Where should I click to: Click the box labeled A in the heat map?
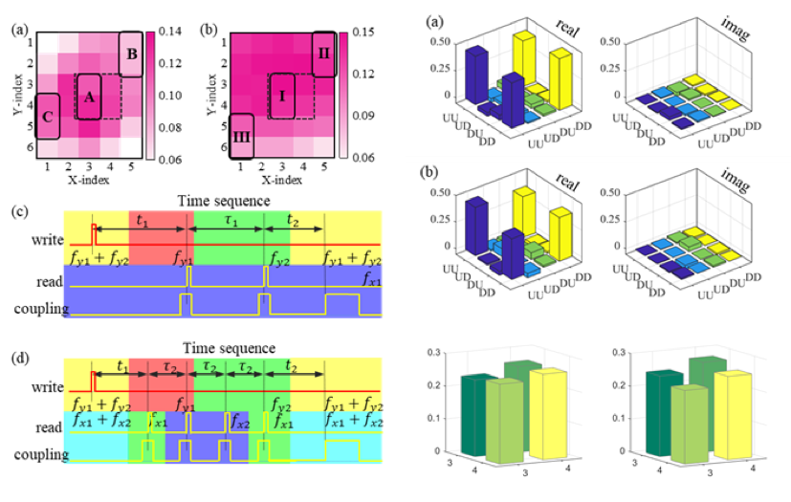tap(88, 97)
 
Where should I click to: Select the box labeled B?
tap(132, 55)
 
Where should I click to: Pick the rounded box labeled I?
tap(282, 97)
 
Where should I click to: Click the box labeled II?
tap(324, 55)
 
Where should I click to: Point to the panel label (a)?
tap(423, 20)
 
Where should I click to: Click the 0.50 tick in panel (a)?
tap(442, 41)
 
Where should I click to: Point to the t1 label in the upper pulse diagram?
tap(144, 220)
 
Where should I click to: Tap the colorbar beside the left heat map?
tap(150, 96)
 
